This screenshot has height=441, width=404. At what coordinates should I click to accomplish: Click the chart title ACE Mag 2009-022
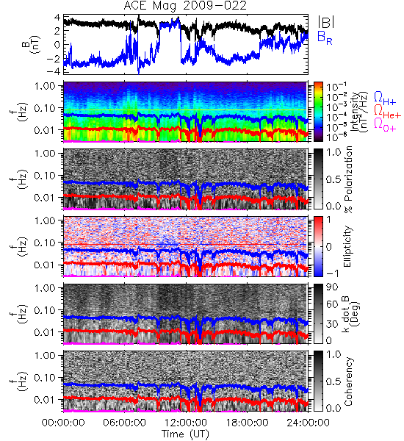(x=185, y=6)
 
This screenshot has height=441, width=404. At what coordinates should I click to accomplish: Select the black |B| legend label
(x=326, y=22)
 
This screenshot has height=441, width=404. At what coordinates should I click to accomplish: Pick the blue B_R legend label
(x=325, y=37)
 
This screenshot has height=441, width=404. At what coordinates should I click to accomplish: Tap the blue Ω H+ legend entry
(x=385, y=98)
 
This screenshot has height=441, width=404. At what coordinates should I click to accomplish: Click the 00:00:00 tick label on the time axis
(x=63, y=423)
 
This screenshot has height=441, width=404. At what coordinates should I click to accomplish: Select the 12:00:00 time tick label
(x=186, y=423)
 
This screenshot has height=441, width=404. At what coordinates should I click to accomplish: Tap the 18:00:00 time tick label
(x=247, y=423)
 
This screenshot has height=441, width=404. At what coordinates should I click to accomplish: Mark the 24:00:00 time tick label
(x=308, y=423)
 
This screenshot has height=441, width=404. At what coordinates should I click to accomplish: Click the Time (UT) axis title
(x=185, y=434)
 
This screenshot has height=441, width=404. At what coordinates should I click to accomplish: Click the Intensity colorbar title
(x=361, y=112)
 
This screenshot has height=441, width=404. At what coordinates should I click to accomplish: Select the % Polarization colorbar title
(x=349, y=179)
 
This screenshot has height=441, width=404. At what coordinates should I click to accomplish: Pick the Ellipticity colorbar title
(x=348, y=246)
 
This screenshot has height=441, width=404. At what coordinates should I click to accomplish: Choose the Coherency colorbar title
(x=348, y=381)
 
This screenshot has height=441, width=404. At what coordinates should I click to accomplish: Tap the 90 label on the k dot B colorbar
(x=332, y=287)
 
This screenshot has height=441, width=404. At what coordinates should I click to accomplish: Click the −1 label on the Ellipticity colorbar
(x=332, y=273)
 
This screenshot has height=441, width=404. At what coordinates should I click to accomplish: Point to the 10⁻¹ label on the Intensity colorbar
(x=333, y=87)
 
